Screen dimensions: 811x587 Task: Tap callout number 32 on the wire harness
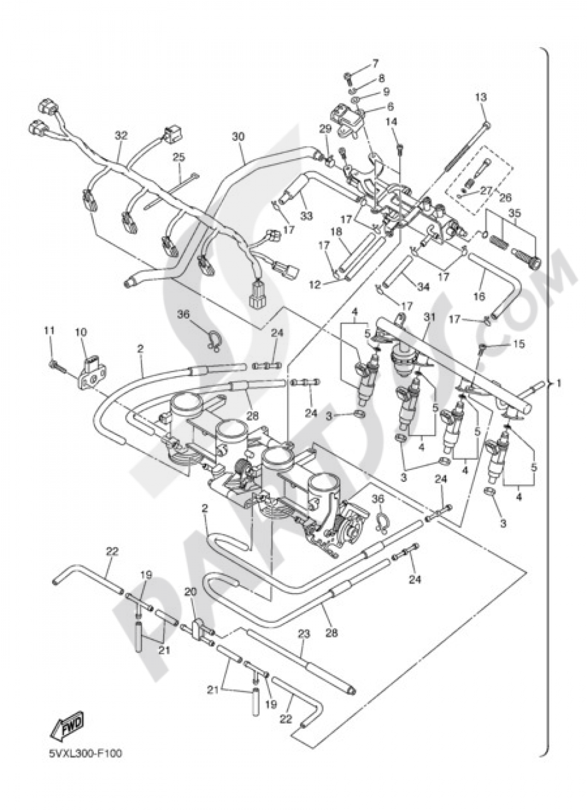[121, 135]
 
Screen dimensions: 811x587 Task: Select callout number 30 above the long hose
[238, 136]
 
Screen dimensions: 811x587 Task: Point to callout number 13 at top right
[481, 98]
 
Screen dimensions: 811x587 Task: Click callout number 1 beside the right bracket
[559, 383]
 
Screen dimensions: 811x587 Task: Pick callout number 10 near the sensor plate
[80, 333]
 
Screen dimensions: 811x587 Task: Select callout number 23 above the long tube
[303, 634]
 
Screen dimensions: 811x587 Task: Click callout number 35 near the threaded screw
[514, 213]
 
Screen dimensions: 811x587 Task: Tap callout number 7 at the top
[375, 63]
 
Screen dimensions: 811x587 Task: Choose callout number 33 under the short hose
[306, 216]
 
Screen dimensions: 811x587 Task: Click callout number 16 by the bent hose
[479, 296]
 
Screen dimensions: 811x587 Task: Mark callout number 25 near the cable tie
[178, 157]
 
